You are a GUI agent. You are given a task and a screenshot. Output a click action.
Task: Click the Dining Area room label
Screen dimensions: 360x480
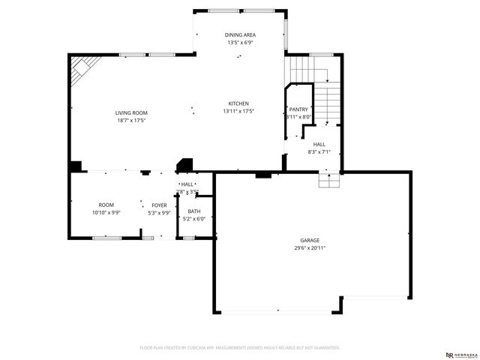tap(240, 35)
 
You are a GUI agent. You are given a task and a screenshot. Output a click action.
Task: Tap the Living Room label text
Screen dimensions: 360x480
tap(130, 112)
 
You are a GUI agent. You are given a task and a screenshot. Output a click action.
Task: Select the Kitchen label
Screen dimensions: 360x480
tap(238, 103)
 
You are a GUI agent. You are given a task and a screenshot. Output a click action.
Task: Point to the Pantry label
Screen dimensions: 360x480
tap(298, 109)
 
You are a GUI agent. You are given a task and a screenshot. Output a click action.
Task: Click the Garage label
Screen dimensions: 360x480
tap(310, 240)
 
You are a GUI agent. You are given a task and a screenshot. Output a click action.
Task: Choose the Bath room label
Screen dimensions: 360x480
tap(194, 211)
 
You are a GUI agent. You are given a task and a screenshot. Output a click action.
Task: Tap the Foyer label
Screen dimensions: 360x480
tap(159, 205)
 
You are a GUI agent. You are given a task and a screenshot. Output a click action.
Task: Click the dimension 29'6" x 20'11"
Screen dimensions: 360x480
tap(310, 248)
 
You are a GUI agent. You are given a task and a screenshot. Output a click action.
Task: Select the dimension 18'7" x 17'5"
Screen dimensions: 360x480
tap(130, 120)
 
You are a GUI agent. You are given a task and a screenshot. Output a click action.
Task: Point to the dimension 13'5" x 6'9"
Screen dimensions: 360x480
tap(240, 43)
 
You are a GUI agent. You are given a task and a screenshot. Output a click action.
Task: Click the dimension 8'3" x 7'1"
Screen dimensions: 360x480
tap(319, 151)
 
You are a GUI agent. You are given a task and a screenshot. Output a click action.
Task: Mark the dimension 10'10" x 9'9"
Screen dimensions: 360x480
tap(106, 212)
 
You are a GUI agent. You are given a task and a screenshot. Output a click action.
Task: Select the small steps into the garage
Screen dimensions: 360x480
tap(329, 181)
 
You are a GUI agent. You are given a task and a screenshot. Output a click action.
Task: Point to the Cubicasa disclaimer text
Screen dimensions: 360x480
tap(240, 348)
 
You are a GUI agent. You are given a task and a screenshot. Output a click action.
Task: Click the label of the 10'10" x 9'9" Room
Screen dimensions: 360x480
tap(106, 205)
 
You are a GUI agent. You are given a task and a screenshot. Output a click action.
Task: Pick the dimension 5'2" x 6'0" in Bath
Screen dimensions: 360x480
tap(194, 219)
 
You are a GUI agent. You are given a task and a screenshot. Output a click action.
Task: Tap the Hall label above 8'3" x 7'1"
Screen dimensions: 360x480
tap(319, 144)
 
